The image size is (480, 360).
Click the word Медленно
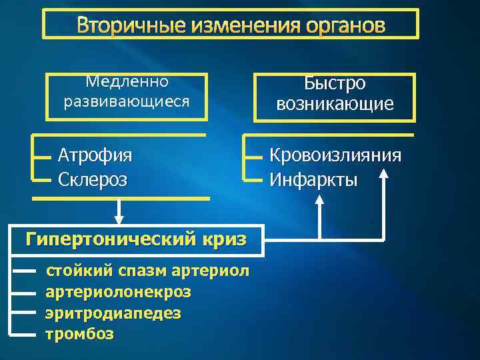(127, 82)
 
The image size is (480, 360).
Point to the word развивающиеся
(127, 102)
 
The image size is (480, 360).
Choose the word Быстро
(335, 84)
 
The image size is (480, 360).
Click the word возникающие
(335, 105)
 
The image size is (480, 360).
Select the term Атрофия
(95, 155)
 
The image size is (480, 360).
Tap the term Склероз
(93, 179)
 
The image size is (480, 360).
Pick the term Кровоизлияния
(335, 155)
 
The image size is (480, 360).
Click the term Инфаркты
(313, 179)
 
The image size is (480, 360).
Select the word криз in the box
(224, 238)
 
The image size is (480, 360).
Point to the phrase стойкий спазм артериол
(147, 271)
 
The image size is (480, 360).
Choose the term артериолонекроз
(118, 291)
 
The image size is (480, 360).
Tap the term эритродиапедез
(113, 313)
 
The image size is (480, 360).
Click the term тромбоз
(79, 333)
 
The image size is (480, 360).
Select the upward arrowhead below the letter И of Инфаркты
(320, 207)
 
